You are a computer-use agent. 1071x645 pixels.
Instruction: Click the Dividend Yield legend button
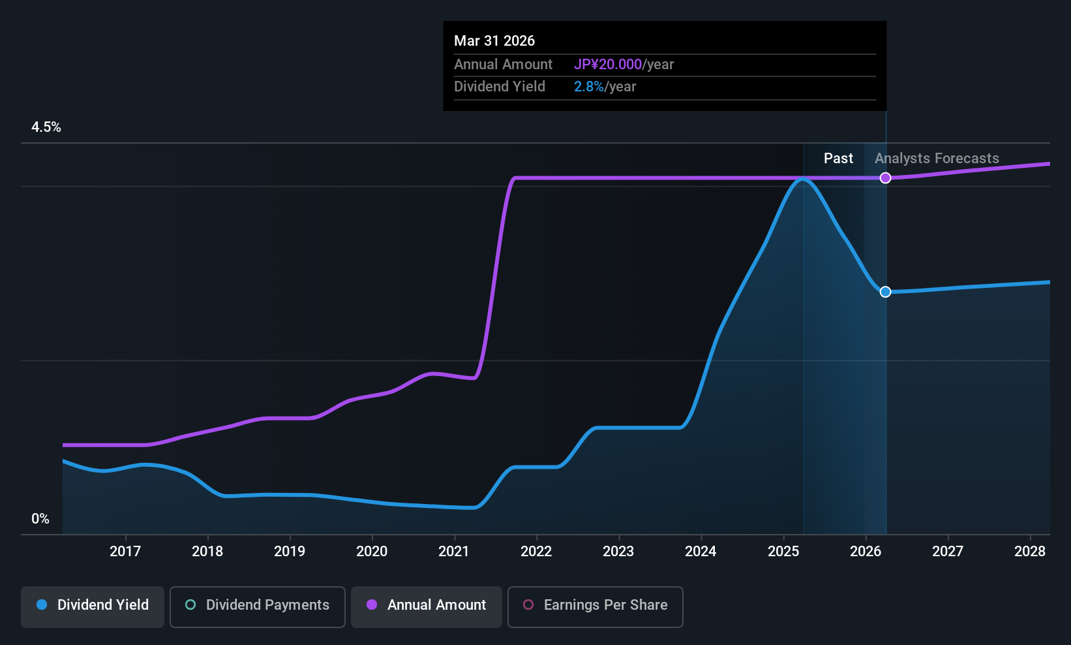pyautogui.click(x=92, y=606)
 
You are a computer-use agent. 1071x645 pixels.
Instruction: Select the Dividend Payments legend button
pyautogui.click(x=257, y=606)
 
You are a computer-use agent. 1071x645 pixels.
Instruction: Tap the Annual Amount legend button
pyautogui.click(x=427, y=606)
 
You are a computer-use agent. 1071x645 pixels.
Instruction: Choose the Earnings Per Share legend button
pyautogui.click(x=596, y=606)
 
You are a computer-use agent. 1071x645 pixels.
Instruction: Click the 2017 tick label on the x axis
pyautogui.click(x=125, y=551)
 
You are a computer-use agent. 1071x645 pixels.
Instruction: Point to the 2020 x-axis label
pyautogui.click(x=372, y=551)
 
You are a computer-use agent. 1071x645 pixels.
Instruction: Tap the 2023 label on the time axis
pyautogui.click(x=619, y=551)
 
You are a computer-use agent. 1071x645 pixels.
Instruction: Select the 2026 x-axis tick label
pyautogui.click(x=866, y=551)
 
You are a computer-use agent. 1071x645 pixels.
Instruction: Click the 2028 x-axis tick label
pyautogui.click(x=1031, y=551)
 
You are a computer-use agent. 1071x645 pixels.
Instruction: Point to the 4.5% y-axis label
pyautogui.click(x=46, y=127)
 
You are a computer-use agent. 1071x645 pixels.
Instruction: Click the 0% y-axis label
pyautogui.click(x=40, y=519)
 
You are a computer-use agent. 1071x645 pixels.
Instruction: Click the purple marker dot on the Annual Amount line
pyautogui.click(x=886, y=178)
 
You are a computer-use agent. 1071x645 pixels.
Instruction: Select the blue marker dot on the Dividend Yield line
pyautogui.click(x=886, y=292)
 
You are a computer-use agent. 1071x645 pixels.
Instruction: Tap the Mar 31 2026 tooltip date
pyautogui.click(x=494, y=41)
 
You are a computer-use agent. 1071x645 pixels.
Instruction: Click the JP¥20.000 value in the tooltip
pyautogui.click(x=608, y=64)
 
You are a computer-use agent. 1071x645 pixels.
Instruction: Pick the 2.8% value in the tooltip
pyautogui.click(x=588, y=87)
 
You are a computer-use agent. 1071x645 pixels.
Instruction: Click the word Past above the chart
pyautogui.click(x=839, y=159)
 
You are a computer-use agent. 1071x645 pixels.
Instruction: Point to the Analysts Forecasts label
pyautogui.click(x=937, y=159)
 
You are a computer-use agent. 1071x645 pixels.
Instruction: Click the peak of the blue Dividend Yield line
pyautogui.click(x=804, y=179)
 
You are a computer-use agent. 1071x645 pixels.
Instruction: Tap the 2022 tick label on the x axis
pyautogui.click(x=536, y=551)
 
